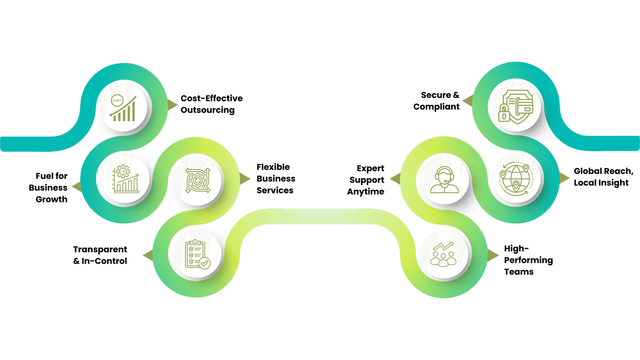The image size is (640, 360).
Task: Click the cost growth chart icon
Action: [124, 108]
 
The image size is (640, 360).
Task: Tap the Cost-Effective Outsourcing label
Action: [211, 104]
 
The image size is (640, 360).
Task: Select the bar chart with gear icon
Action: [125, 180]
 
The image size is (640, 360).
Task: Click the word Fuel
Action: [44, 176]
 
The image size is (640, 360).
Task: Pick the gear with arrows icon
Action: [197, 181]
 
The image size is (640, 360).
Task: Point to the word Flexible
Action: [273, 167]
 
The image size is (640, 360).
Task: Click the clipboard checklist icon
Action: [197, 254]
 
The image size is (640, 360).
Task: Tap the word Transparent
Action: [100, 250]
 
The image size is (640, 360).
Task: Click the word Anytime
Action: [366, 192]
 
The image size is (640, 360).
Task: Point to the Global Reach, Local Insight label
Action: [603, 177]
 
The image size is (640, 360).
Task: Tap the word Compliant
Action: [437, 107]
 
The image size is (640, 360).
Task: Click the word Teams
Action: [518, 272]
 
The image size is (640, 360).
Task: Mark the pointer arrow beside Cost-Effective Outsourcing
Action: [173, 104]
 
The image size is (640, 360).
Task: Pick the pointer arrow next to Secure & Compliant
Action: [466, 101]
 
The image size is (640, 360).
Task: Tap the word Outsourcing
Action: [208, 110]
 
